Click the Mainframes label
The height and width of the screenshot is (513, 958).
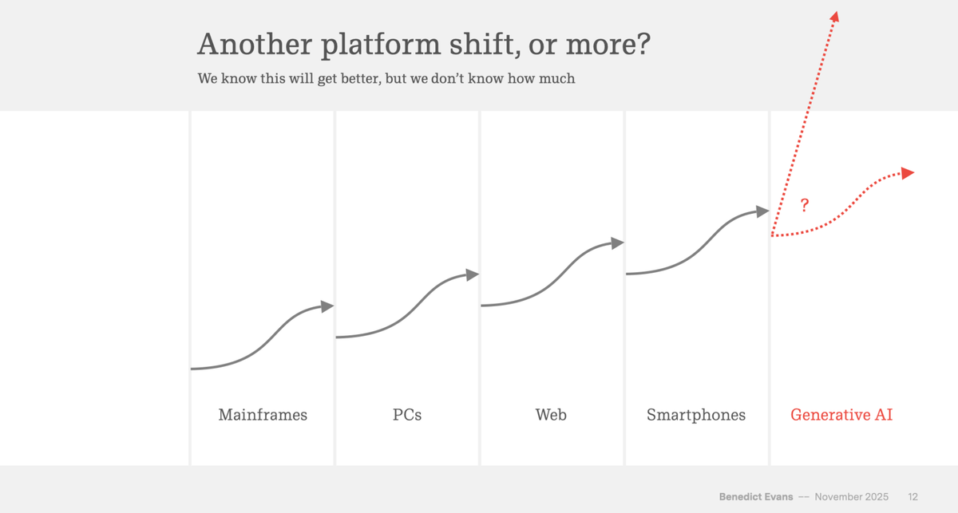tap(263, 415)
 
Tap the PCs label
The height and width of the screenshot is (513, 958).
tap(407, 415)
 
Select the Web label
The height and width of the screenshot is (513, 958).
tap(551, 415)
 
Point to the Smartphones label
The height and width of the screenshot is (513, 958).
tap(696, 415)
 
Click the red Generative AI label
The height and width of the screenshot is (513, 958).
tap(841, 415)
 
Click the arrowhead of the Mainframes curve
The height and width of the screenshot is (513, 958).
tap(327, 306)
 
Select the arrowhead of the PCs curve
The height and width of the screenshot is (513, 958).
tap(473, 274)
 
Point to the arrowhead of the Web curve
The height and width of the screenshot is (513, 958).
tap(617, 243)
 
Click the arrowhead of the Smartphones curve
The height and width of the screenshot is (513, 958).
tap(762, 211)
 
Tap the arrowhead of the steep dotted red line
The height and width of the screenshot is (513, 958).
tap(834, 17)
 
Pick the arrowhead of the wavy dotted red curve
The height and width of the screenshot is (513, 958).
tap(908, 172)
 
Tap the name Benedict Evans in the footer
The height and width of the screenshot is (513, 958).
tap(756, 497)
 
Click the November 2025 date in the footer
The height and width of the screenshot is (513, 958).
tap(852, 497)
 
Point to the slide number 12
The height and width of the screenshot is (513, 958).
tap(912, 497)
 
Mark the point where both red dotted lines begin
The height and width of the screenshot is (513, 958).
tap(772, 235)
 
